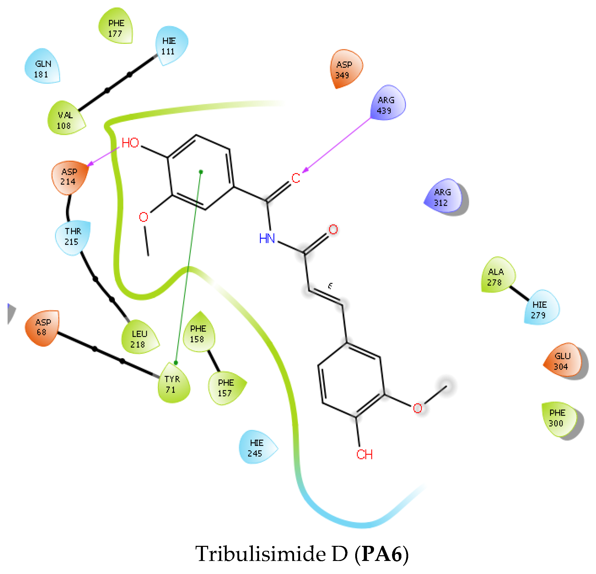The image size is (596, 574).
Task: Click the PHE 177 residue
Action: pos(116,28)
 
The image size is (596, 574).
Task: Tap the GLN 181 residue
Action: pos(42,68)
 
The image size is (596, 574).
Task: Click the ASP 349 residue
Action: pos(344,69)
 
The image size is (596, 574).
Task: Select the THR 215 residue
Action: pos(73,236)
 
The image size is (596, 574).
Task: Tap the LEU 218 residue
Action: pos(139,338)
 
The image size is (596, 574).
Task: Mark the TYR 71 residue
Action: pos(172,384)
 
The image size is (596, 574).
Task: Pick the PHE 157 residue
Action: pos(226,388)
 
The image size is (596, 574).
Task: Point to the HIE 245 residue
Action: pos(256,448)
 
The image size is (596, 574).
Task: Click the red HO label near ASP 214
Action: pos(130,143)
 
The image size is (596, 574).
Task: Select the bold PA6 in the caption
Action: pos(382,554)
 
